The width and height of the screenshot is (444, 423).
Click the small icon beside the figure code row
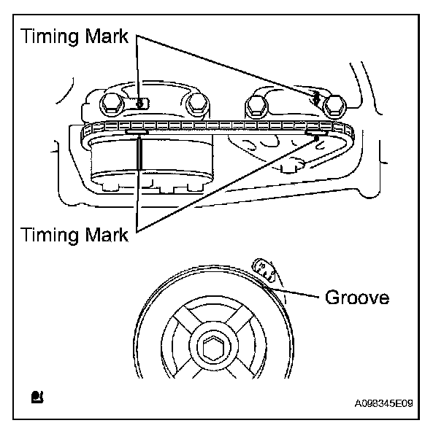click(37, 397)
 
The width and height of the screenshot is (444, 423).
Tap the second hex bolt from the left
click(196, 106)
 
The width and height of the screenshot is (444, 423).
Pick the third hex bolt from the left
click(256, 106)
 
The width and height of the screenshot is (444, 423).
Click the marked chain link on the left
click(137, 132)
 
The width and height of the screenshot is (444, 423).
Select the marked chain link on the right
click(315, 132)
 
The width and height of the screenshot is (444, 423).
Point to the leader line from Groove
click(296, 295)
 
